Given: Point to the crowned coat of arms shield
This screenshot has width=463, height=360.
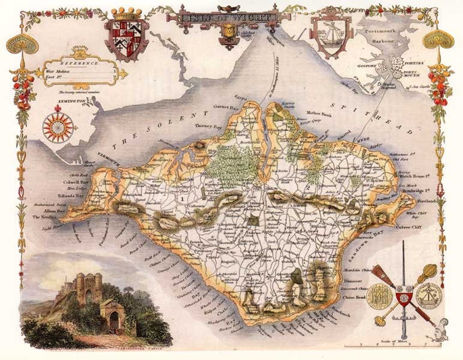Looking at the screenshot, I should point(127,37).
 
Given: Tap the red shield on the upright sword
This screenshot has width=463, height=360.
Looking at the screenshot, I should point(402,298).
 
